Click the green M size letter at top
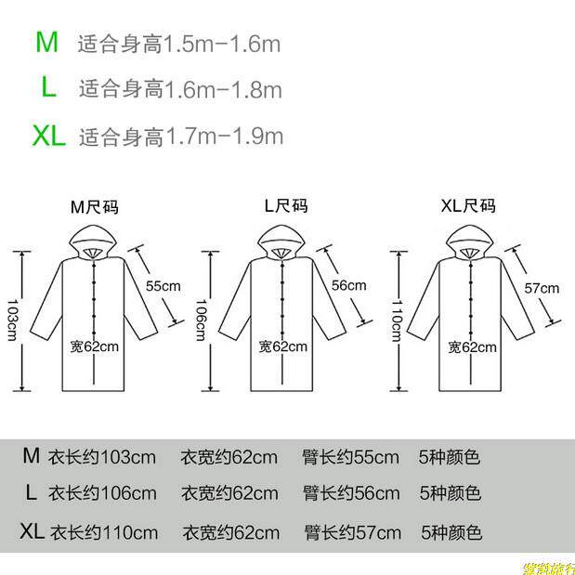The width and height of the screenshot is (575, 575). tap(47, 42)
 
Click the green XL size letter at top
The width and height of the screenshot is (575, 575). tap(48, 137)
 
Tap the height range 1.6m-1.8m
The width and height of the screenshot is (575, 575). tap(223, 89)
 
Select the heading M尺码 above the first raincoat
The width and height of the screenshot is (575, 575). tap(95, 206)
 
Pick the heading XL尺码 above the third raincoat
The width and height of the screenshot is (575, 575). tap(467, 206)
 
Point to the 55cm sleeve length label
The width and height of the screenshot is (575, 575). tap(163, 285)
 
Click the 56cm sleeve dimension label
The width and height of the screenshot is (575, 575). tap(349, 285)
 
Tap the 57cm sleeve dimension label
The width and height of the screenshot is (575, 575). tap(542, 287)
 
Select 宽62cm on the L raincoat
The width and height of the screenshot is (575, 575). tap(282, 346)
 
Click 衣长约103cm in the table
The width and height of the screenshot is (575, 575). tap(102, 457)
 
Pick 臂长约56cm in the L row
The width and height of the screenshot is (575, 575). tap(350, 493)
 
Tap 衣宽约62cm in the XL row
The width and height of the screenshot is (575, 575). tap(230, 533)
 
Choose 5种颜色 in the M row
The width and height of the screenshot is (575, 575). tap(450, 457)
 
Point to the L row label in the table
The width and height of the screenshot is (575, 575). tap(31, 492)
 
